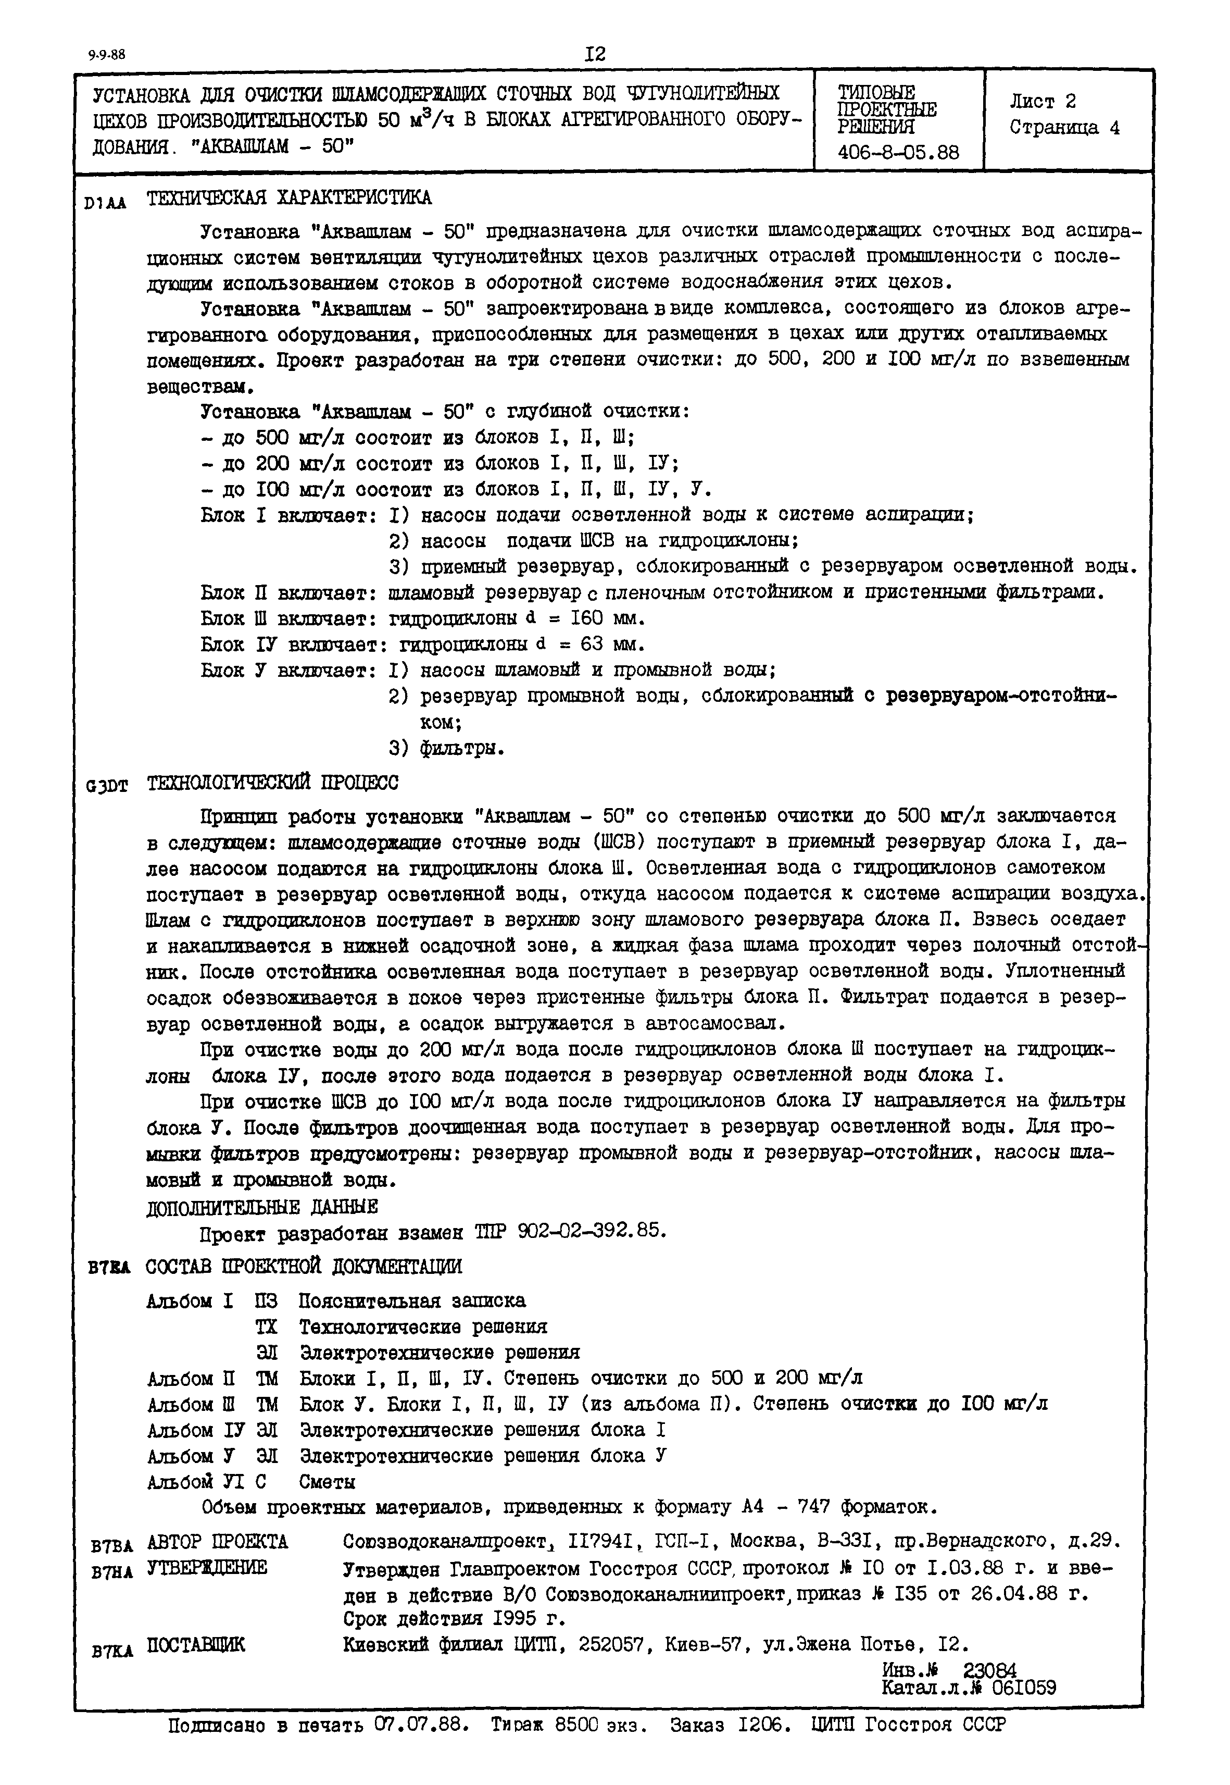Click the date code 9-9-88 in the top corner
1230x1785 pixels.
[x=106, y=55]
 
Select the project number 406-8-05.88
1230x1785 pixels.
[x=899, y=153]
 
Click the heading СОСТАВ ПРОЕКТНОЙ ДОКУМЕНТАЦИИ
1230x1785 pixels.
[x=304, y=1266]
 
